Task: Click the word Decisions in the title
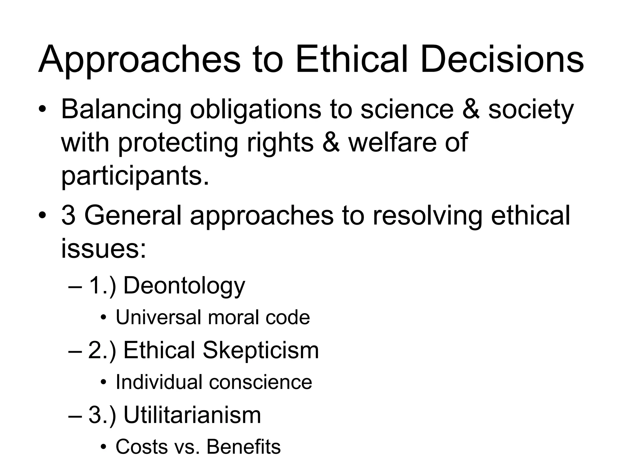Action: point(502,59)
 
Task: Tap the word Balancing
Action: point(121,109)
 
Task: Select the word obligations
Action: point(256,109)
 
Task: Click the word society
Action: point(531,109)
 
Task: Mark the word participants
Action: point(135,176)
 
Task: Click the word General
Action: point(133,215)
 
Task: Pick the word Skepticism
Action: point(261,351)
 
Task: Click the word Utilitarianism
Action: point(192,415)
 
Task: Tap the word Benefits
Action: point(243,447)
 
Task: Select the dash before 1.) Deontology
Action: point(75,287)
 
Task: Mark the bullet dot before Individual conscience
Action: point(103,382)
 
